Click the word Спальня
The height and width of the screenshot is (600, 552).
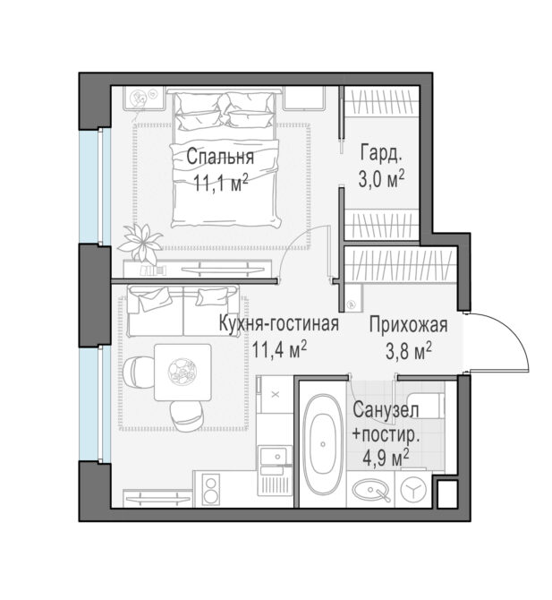click(x=220, y=158)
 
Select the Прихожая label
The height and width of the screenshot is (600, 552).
click(x=408, y=325)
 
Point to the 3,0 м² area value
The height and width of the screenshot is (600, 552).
click(x=381, y=179)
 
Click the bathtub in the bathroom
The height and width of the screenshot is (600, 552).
click(x=323, y=445)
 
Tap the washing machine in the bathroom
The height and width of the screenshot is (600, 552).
click(x=412, y=490)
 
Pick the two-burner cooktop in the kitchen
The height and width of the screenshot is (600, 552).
click(x=211, y=489)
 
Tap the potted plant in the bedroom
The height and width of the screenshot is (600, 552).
click(x=140, y=242)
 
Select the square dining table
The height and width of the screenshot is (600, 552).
click(x=183, y=372)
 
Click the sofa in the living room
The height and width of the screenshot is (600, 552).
click(x=183, y=311)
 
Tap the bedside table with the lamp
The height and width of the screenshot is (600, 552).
click(x=144, y=99)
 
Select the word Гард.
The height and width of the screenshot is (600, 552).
click(x=381, y=153)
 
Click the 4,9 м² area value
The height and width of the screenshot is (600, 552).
click(x=386, y=458)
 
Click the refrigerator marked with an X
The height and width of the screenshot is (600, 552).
click(x=275, y=395)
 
